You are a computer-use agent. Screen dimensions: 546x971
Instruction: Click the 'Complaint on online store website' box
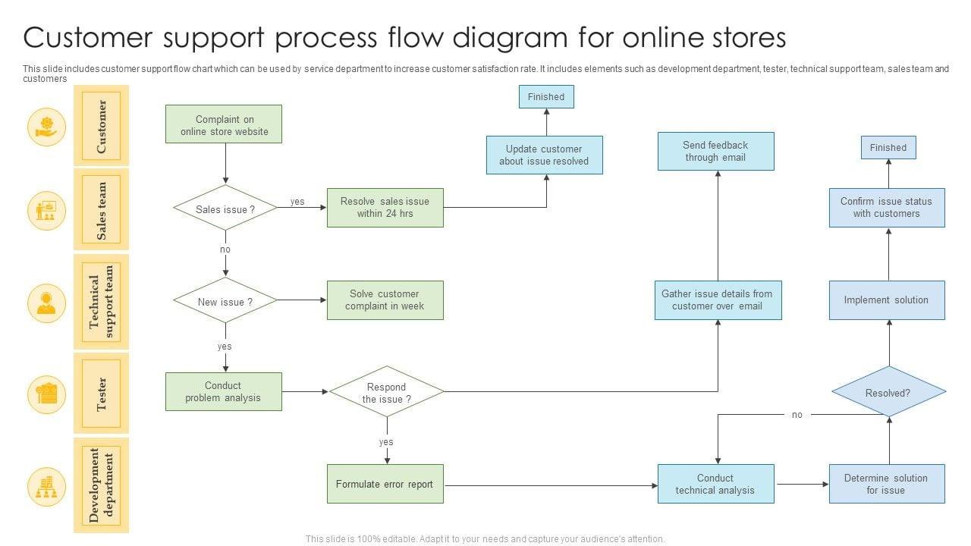[224, 124]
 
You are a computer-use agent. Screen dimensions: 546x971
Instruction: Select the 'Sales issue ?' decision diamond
[225, 209]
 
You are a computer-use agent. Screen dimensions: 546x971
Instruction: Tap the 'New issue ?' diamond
[225, 301]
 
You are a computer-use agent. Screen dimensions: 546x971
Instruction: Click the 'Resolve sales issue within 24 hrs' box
[385, 208]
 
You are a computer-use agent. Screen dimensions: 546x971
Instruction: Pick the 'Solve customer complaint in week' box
[385, 300]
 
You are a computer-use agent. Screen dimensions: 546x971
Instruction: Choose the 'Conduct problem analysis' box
[223, 391]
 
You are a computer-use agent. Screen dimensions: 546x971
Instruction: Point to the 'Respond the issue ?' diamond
[386, 392]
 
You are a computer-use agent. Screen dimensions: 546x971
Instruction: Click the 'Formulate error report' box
[385, 484]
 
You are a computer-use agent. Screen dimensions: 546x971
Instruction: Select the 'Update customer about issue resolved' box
[544, 155]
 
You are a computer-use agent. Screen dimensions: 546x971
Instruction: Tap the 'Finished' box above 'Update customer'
[546, 96]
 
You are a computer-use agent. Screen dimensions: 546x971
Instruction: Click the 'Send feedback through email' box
[715, 151]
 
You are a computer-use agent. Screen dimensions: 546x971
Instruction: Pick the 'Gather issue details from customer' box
[717, 300]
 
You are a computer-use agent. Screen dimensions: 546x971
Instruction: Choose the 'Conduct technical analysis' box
[715, 484]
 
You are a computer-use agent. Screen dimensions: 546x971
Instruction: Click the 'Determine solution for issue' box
[886, 484]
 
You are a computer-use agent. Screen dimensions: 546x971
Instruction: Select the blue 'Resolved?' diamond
[888, 392]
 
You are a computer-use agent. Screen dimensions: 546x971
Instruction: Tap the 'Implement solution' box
[886, 300]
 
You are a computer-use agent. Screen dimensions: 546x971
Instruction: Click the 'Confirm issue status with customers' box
[886, 208]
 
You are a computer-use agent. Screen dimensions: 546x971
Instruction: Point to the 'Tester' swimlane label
[101, 394]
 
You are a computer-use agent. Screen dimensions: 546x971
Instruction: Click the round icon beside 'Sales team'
[46, 211]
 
